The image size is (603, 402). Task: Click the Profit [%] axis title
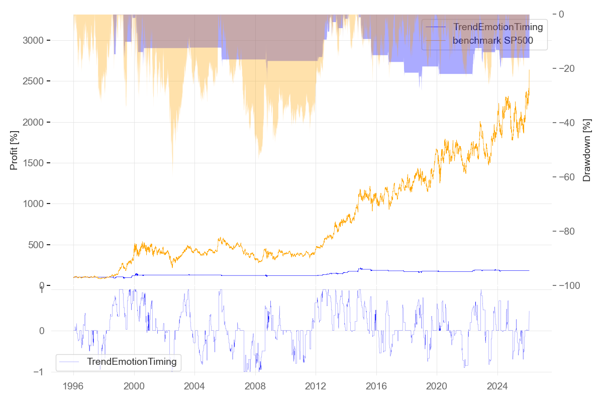(14, 150)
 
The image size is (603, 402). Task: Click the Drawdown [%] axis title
(586, 150)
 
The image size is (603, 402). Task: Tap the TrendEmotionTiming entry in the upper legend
(498, 27)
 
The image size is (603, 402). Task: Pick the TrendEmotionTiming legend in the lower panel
(132, 361)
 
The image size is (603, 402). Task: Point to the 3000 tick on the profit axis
(33, 40)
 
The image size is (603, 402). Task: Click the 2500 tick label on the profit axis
(33, 81)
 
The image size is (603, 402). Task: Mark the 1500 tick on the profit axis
(33, 163)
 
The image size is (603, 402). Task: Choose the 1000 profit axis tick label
(33, 204)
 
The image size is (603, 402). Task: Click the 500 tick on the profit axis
(36, 245)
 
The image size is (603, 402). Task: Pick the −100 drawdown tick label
(573, 285)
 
